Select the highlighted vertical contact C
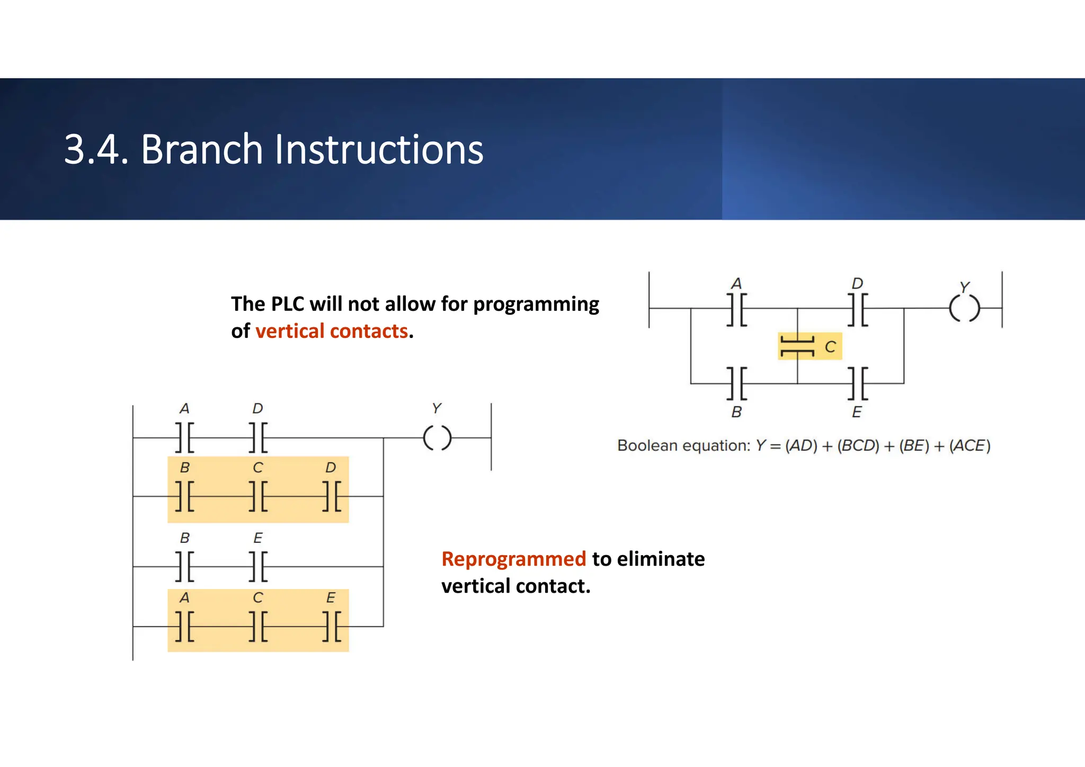[x=798, y=346]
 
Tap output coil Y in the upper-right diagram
[x=964, y=308]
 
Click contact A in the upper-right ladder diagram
[x=736, y=309]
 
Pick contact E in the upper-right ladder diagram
[x=858, y=383]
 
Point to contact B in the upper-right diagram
[x=736, y=383]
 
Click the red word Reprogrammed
[x=513, y=559]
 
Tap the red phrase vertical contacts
[x=332, y=331]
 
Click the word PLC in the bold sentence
[x=287, y=304]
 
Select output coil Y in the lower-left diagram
[x=437, y=438]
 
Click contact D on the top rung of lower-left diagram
[x=258, y=438]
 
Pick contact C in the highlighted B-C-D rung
[x=258, y=496]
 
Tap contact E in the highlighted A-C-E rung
[x=332, y=626]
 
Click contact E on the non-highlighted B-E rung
[x=258, y=566]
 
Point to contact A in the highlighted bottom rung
[x=184, y=626]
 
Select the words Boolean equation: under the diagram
[x=683, y=446]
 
